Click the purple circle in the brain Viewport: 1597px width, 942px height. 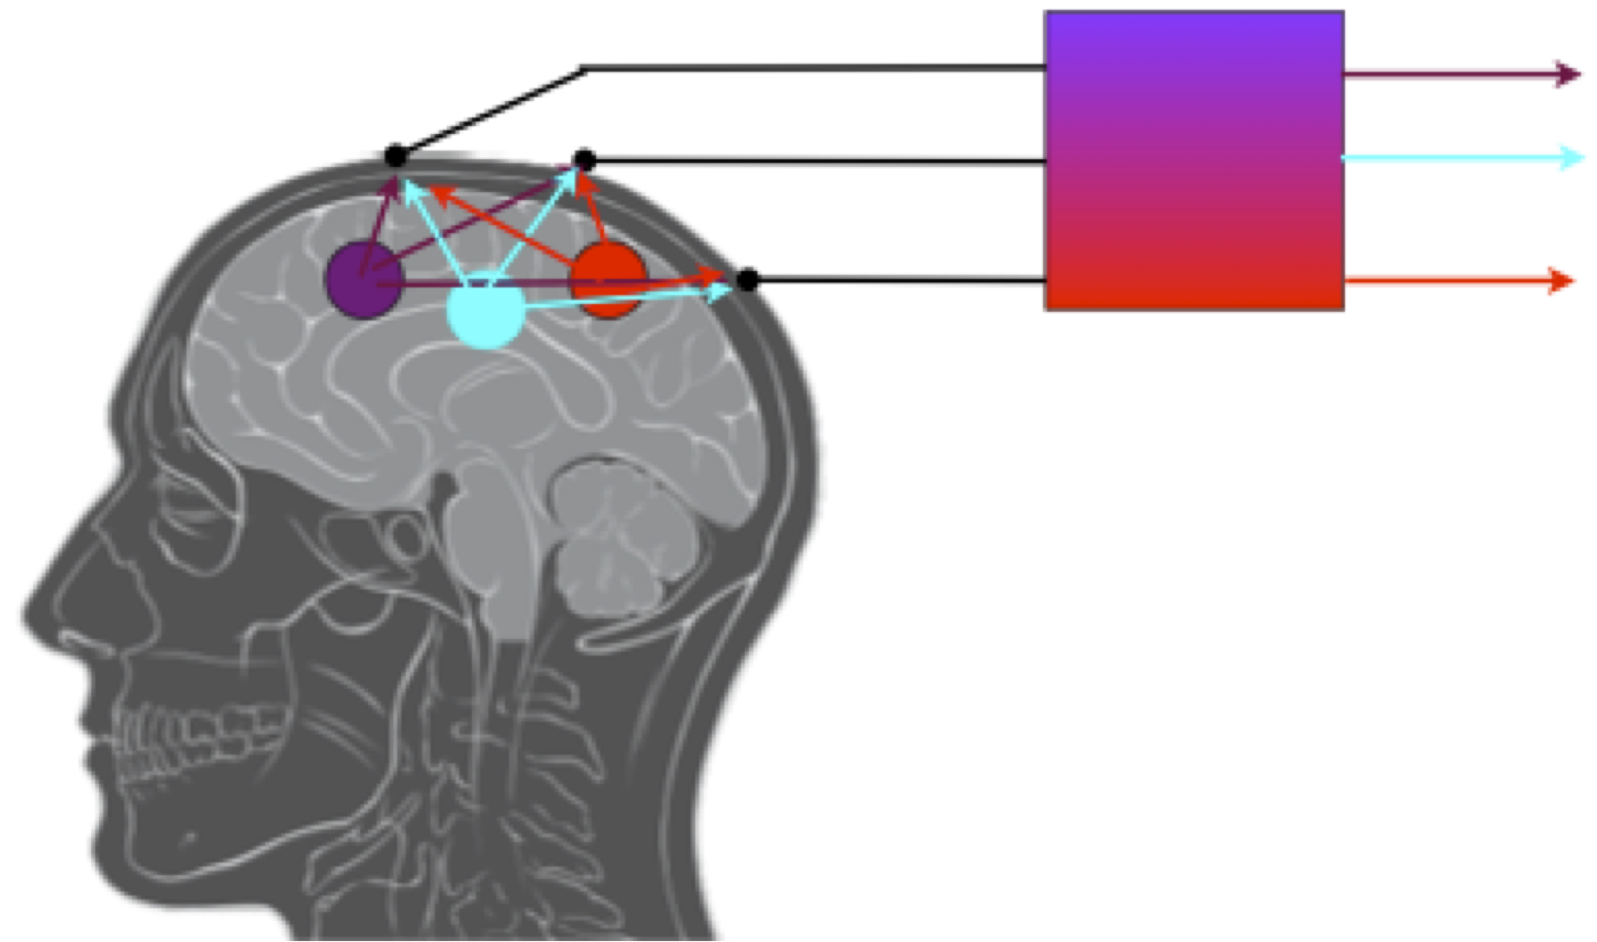(x=362, y=279)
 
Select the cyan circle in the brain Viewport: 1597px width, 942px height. (x=484, y=310)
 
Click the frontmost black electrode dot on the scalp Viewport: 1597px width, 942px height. (x=395, y=156)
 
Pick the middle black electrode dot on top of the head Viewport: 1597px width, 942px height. (x=584, y=160)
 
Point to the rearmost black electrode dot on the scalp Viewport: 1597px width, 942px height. (x=748, y=280)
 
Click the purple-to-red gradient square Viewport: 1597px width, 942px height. (x=1194, y=161)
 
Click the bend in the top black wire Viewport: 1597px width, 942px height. (x=584, y=68)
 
